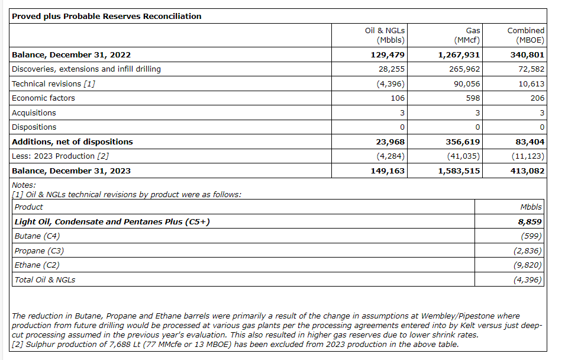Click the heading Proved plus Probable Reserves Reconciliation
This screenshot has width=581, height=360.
106,17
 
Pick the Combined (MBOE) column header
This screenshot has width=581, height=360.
525,36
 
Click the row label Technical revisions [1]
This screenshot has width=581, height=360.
53,83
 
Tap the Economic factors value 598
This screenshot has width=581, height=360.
473,98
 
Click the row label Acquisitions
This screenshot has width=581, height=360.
34,112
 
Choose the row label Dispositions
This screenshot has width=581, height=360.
34,127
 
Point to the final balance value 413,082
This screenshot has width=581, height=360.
527,171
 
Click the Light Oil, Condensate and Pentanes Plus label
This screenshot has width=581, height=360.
112,222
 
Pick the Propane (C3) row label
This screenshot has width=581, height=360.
38,251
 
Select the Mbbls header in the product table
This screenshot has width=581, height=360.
531,207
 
